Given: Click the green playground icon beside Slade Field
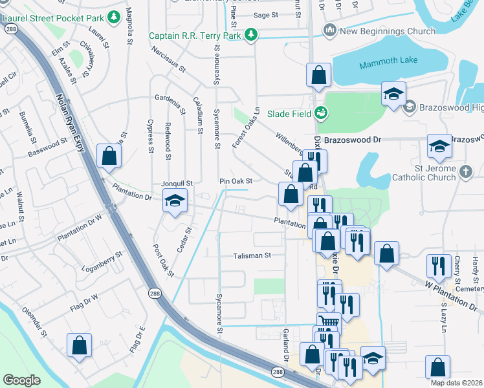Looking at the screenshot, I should [320, 114].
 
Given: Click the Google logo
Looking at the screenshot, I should [22, 380].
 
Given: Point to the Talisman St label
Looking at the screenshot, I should [252, 255].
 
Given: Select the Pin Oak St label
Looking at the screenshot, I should [235, 182].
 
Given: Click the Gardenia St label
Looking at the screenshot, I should [170, 98].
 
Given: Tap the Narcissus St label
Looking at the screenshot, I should [168, 58].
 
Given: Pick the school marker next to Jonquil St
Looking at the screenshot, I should [175, 202].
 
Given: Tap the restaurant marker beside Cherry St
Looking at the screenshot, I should [439, 266].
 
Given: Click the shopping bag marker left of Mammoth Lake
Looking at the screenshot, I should [318, 75].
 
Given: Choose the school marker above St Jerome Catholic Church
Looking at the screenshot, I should [439, 147].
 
